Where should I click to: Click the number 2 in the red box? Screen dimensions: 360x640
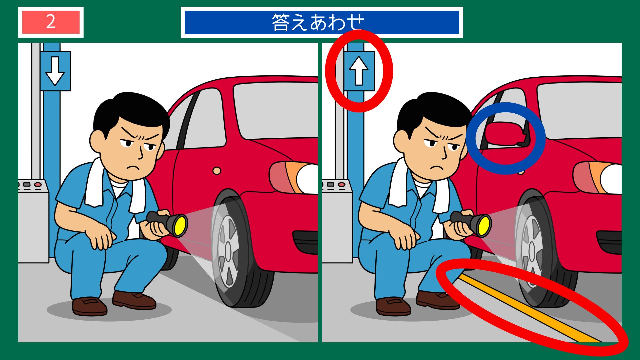click(x=51, y=22)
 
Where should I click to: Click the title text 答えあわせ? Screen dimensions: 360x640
click(x=318, y=22)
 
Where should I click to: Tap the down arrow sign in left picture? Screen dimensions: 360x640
click(x=55, y=71)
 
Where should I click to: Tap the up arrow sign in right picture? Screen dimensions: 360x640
click(x=359, y=71)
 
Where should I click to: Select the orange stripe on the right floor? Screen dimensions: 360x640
click(x=527, y=307)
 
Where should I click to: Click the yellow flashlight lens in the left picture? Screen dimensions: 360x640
click(x=180, y=225)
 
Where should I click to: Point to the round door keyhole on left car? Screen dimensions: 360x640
click(x=217, y=171)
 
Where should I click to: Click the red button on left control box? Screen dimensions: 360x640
click(x=38, y=184)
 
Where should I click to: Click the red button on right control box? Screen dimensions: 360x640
click(x=341, y=184)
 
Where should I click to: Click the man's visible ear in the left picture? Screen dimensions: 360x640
click(x=97, y=142)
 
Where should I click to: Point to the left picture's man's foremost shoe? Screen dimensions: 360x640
click(x=89, y=306)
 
